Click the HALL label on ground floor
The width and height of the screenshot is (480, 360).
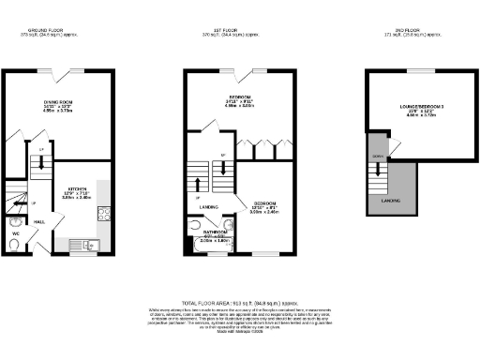pos(41,222)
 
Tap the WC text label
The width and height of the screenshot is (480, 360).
pos(16,233)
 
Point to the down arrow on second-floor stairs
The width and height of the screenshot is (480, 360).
pos(379,169)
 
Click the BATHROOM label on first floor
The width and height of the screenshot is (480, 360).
pos(216,231)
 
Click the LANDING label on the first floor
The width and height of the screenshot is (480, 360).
pos(221,207)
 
